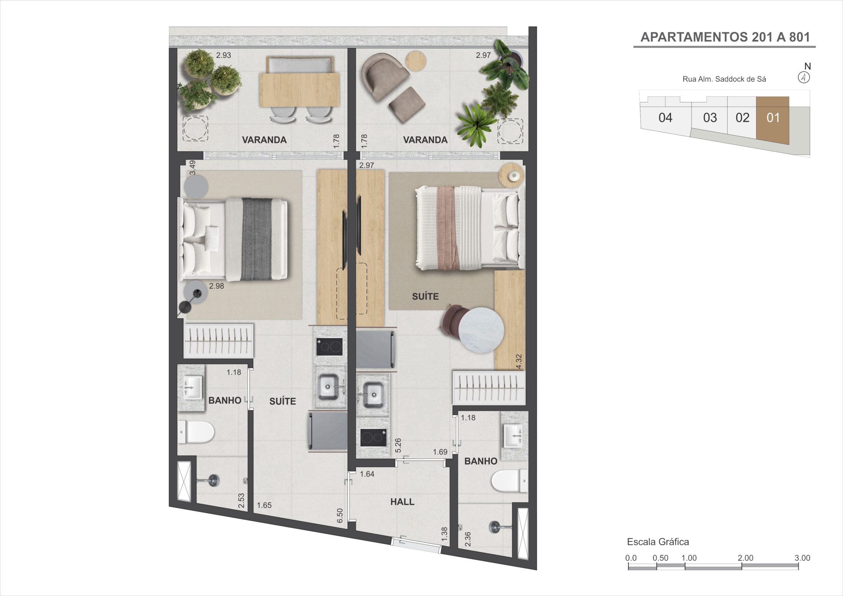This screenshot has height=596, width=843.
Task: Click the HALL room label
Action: [402, 501]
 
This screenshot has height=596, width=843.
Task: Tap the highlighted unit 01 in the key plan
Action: [773, 118]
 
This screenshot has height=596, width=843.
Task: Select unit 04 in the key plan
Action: [665, 118]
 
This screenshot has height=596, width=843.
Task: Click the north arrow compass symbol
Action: [804, 77]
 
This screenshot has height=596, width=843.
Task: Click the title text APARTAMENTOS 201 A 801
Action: [725, 37]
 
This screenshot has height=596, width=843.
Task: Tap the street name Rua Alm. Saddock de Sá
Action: [724, 79]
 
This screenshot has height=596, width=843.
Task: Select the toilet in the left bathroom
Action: [197, 432]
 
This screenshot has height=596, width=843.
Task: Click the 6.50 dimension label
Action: [340, 516]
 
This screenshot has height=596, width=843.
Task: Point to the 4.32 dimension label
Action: [518, 362]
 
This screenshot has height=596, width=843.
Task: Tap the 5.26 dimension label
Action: [398, 445]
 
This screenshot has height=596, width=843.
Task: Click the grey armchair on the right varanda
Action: [384, 76]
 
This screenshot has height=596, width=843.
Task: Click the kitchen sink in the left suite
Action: [328, 386]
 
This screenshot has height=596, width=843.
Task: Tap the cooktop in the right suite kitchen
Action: [373, 437]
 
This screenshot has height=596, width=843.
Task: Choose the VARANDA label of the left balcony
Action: [264, 140]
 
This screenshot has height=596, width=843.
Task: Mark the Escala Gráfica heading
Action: [658, 542]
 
